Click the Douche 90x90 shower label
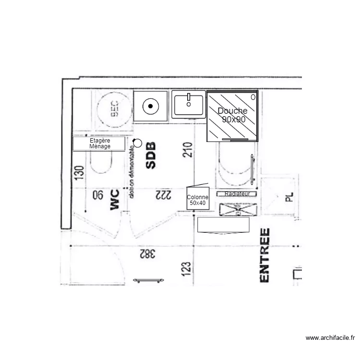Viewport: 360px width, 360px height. coord(232,115)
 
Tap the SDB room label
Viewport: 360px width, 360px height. coord(151,156)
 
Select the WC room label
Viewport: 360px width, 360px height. coord(114,199)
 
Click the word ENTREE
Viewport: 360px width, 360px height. coord(264,255)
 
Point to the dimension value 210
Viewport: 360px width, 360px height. coord(188,150)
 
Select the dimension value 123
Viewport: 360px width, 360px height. coord(187,270)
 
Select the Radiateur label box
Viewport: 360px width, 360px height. coord(237,193)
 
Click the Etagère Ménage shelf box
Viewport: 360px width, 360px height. coord(99,144)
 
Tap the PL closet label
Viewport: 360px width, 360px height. coord(288,197)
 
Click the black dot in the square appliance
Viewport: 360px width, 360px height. coord(151,106)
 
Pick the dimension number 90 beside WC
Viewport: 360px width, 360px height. coord(97,195)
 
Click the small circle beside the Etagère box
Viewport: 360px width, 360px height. coord(138,143)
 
